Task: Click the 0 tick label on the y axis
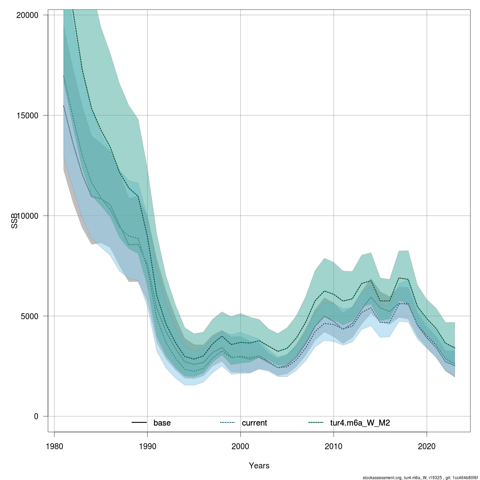pos(36,416)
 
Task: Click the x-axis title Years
pos(259,466)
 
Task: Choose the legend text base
pos(162,423)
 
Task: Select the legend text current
pos(254,423)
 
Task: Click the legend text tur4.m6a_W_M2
pos(360,423)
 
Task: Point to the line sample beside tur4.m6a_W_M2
pos(316,423)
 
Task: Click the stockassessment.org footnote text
pos(382,478)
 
